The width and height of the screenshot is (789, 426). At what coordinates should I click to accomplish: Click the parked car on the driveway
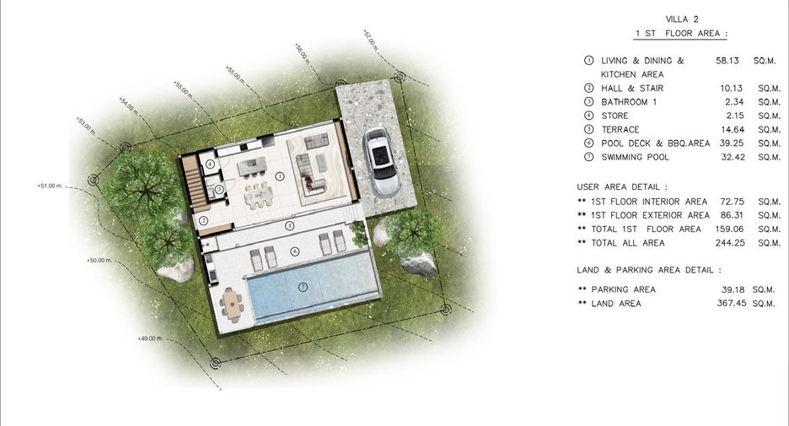point(382,162)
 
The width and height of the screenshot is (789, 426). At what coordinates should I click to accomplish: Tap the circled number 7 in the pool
point(303,287)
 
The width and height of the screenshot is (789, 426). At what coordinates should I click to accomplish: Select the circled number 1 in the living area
point(280,176)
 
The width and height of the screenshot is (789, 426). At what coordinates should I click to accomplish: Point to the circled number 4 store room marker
point(210,164)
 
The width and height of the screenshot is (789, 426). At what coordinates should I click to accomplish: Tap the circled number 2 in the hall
point(203,220)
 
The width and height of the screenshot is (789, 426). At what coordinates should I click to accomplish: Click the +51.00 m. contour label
point(50,186)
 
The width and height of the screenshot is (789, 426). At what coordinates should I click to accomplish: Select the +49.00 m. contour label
point(150,338)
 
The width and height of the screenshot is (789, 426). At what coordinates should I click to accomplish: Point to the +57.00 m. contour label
point(370,40)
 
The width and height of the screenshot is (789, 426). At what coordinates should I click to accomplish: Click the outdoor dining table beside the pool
point(232,305)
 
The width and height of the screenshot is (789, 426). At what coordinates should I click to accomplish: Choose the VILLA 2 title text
point(682,19)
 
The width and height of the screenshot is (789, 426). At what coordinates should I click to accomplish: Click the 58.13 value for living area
point(727,61)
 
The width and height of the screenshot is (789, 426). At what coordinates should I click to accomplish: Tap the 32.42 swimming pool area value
point(733,157)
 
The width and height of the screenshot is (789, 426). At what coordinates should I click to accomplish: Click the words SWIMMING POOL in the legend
point(635,157)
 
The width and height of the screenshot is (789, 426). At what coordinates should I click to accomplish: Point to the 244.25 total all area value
point(730,243)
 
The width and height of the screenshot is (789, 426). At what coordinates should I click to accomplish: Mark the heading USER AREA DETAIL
point(622,186)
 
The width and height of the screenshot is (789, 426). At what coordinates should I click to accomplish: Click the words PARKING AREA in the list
point(624,289)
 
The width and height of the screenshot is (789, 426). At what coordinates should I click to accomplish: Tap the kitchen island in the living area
point(251,167)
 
